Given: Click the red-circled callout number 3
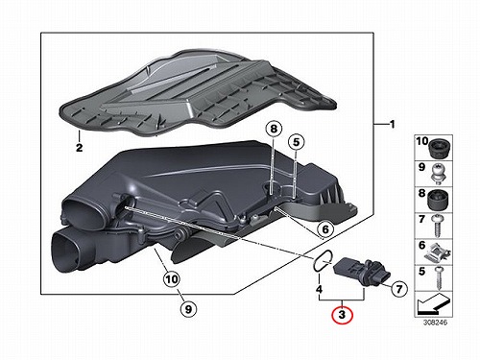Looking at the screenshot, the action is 342,314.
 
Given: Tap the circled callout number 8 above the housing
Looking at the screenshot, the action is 274,130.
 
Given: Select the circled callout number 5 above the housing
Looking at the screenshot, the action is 296,142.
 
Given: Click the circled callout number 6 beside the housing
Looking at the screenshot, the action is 325,229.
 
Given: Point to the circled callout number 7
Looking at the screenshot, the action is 398,289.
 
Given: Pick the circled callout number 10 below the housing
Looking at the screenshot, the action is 172,279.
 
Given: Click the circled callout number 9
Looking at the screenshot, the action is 188,309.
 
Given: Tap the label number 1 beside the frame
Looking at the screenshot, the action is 393,125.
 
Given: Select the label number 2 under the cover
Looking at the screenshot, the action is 79,148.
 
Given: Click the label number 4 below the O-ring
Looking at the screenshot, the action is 319,289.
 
